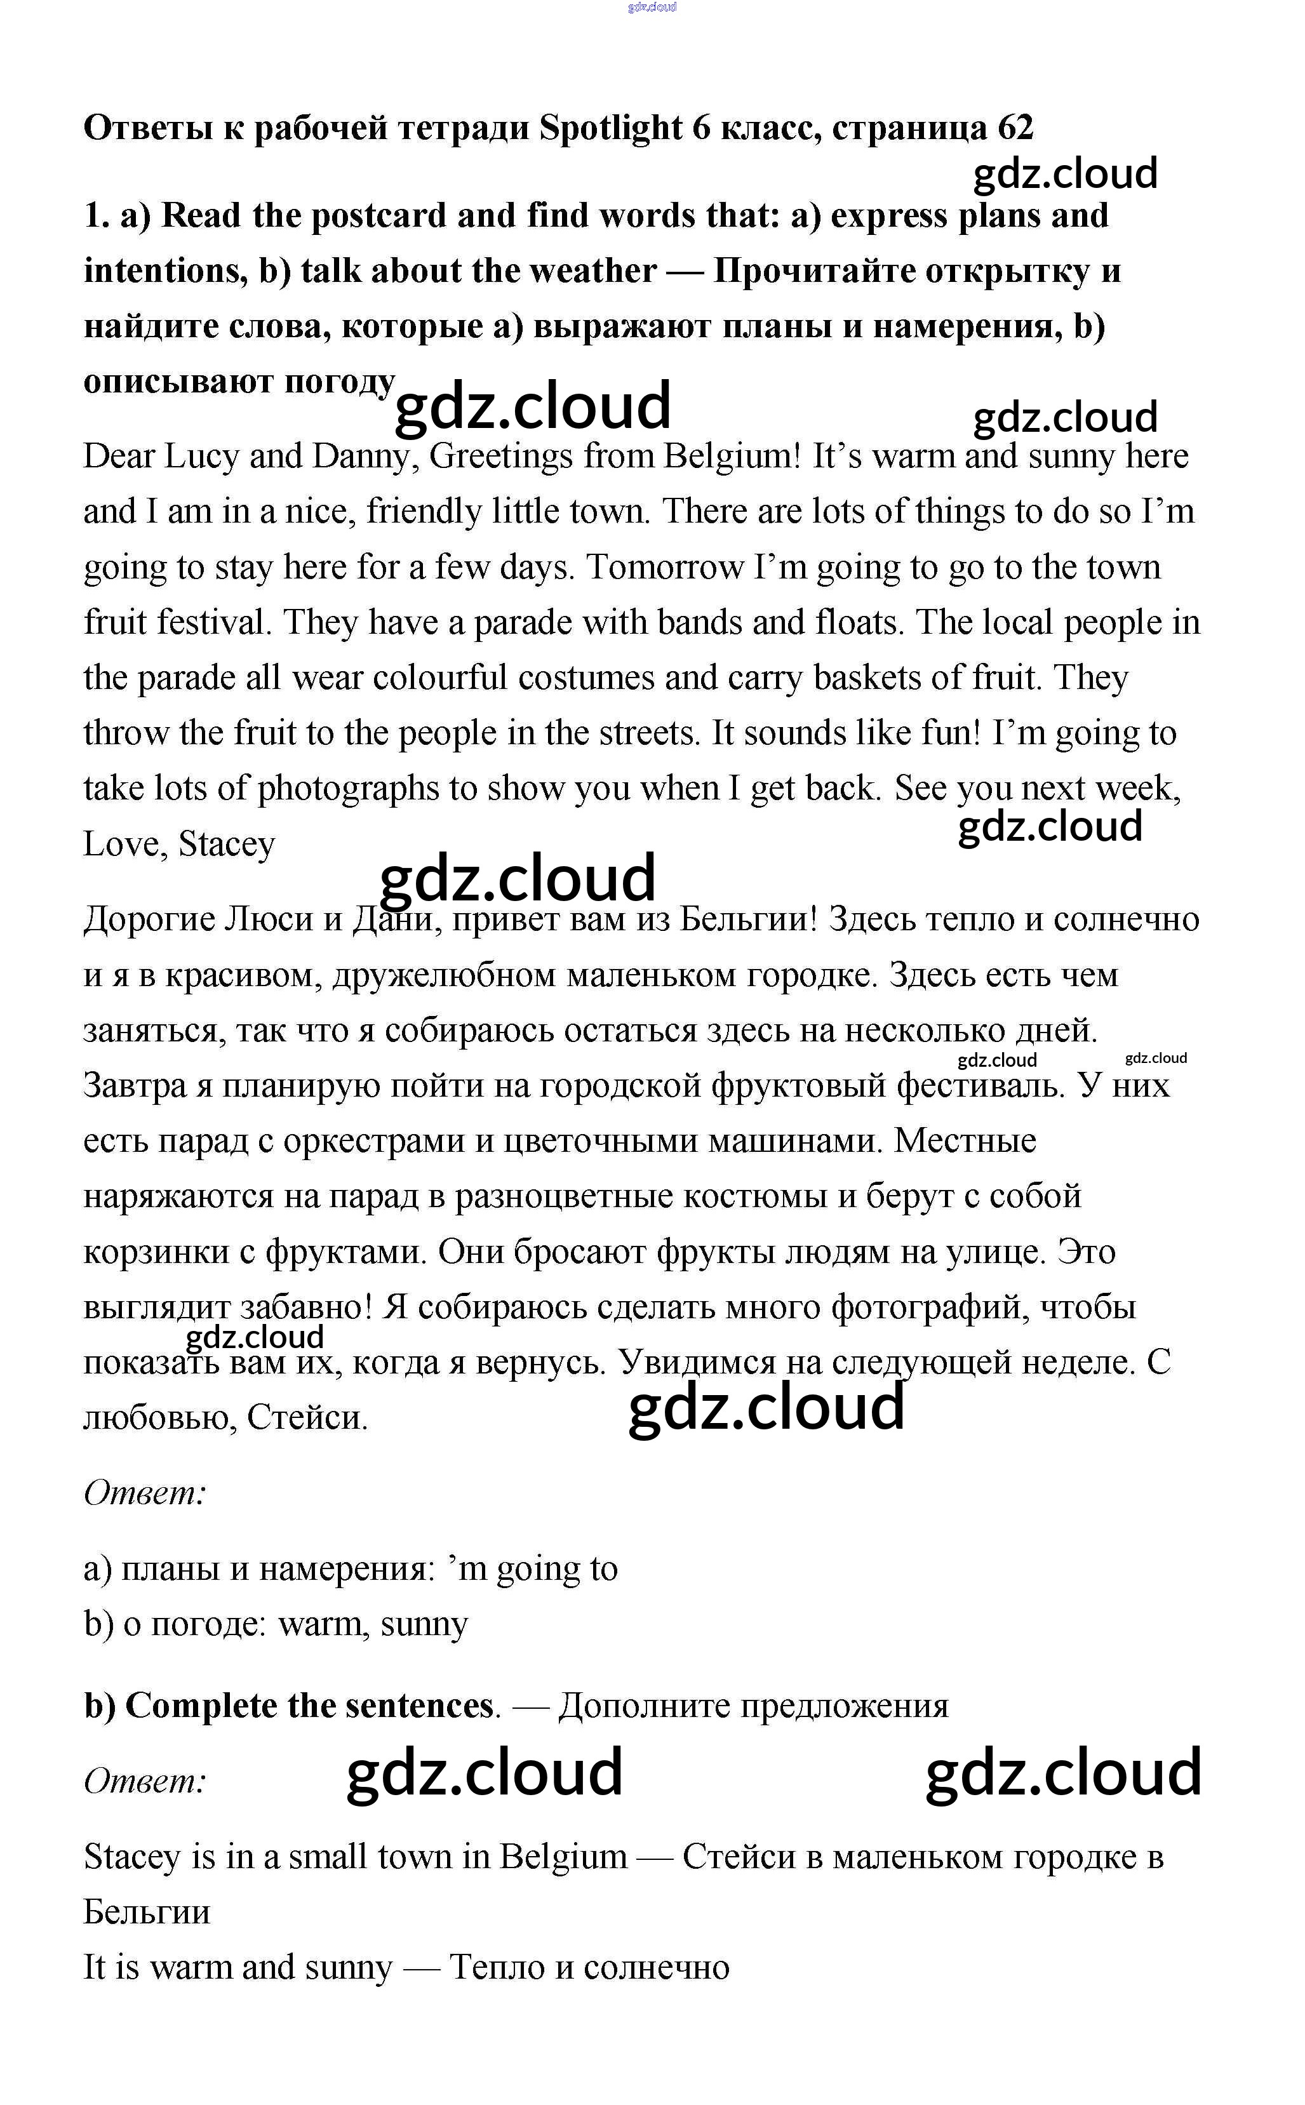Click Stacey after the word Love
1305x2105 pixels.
click(226, 843)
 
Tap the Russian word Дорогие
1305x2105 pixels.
click(149, 920)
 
